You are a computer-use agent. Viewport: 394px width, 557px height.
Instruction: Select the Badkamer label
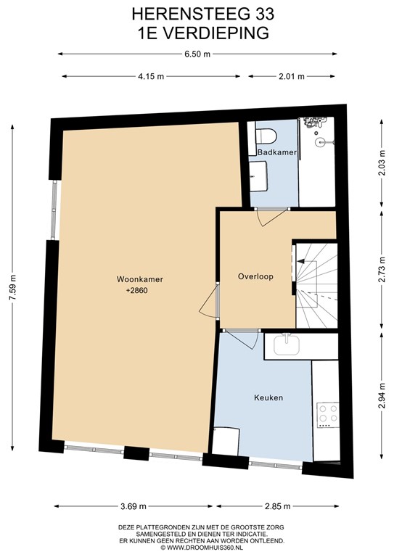271,152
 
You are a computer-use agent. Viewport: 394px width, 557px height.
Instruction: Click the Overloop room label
255,276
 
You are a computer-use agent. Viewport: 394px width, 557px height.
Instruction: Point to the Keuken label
268,397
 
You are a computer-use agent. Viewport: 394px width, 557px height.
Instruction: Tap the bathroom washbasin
258,175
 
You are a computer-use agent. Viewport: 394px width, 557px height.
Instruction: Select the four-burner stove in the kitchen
327,413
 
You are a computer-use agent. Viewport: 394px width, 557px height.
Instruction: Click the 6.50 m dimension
197,54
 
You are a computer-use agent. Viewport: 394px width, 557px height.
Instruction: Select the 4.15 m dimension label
150,76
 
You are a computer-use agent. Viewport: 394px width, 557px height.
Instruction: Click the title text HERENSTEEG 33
197,13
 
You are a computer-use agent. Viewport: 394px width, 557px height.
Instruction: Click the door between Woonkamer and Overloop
210,301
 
